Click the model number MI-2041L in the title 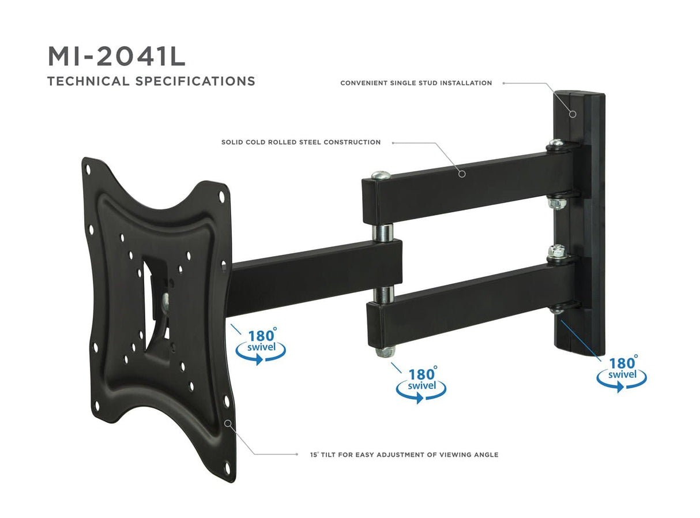click(116, 57)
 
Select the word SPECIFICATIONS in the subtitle click(195, 81)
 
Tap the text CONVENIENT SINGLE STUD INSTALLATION click(416, 83)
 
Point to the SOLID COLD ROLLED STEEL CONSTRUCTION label click(300, 142)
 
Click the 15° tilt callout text click(404, 455)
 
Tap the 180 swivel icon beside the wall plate click(621, 373)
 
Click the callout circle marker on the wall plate click(573, 114)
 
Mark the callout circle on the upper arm click(462, 172)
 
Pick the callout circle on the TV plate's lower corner click(228, 423)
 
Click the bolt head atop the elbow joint click(380, 175)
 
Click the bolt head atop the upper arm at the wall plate click(555, 143)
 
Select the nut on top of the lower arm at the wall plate click(556, 251)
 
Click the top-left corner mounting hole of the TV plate click(88, 170)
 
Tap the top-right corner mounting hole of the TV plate click(222, 195)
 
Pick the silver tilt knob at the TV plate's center click(166, 298)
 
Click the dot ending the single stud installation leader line click(503, 83)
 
